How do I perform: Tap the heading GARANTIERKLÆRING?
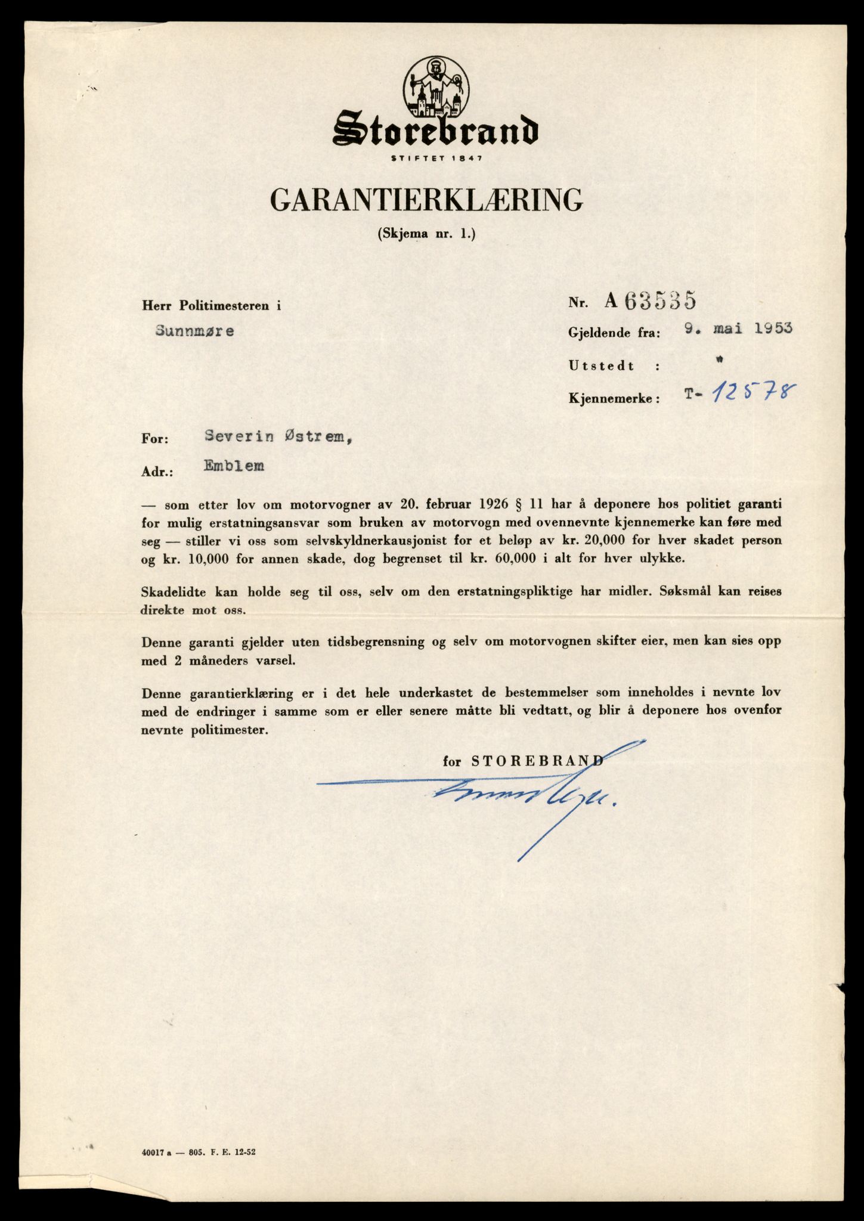pyautogui.click(x=427, y=200)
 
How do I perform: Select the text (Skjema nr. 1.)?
pyautogui.click(x=427, y=234)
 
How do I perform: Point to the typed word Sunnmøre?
pyautogui.click(x=194, y=331)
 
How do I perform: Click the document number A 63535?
pyautogui.click(x=650, y=302)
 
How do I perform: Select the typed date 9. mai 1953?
pyautogui.click(x=738, y=329)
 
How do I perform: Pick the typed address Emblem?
pyautogui.click(x=234, y=466)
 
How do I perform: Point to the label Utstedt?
pyautogui.click(x=602, y=366)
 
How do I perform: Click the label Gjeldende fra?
pyautogui.click(x=614, y=334)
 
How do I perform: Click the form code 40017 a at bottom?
pyautogui.click(x=154, y=1152)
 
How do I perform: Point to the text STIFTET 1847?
pyautogui.click(x=436, y=158)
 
